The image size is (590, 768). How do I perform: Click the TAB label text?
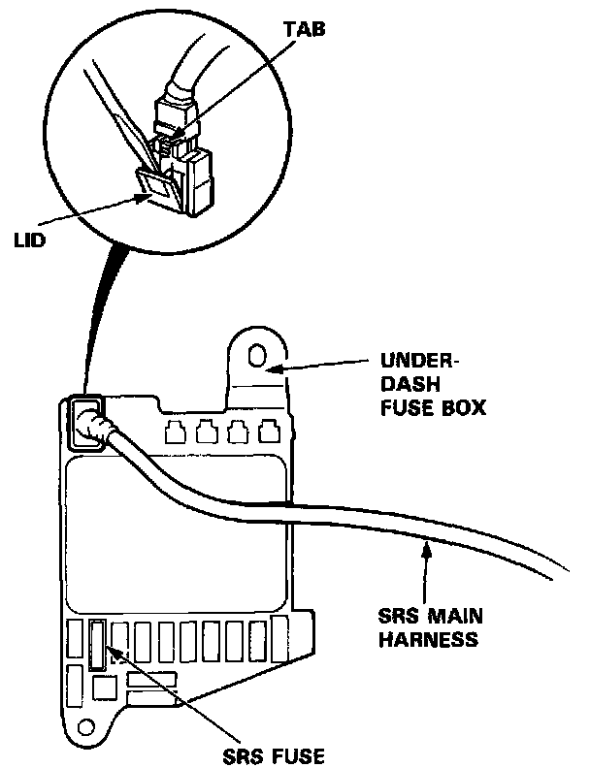coord(304,29)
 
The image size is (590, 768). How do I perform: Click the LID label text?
coord(29,241)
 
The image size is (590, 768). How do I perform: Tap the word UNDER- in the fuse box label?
coord(420,361)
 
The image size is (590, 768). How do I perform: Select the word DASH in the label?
coord(410,384)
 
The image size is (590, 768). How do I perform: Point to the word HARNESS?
coord(428,639)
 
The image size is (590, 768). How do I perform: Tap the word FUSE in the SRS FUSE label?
coord(300,756)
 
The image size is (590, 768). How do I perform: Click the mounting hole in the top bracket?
coord(256,355)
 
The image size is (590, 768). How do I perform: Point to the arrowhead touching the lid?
coord(144,198)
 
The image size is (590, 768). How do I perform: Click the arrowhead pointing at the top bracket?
coord(275,367)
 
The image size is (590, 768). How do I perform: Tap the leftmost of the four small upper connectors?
coord(175,432)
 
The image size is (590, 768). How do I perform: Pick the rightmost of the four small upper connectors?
coord(268,431)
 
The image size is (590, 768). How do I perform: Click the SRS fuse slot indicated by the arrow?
coord(97,644)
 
